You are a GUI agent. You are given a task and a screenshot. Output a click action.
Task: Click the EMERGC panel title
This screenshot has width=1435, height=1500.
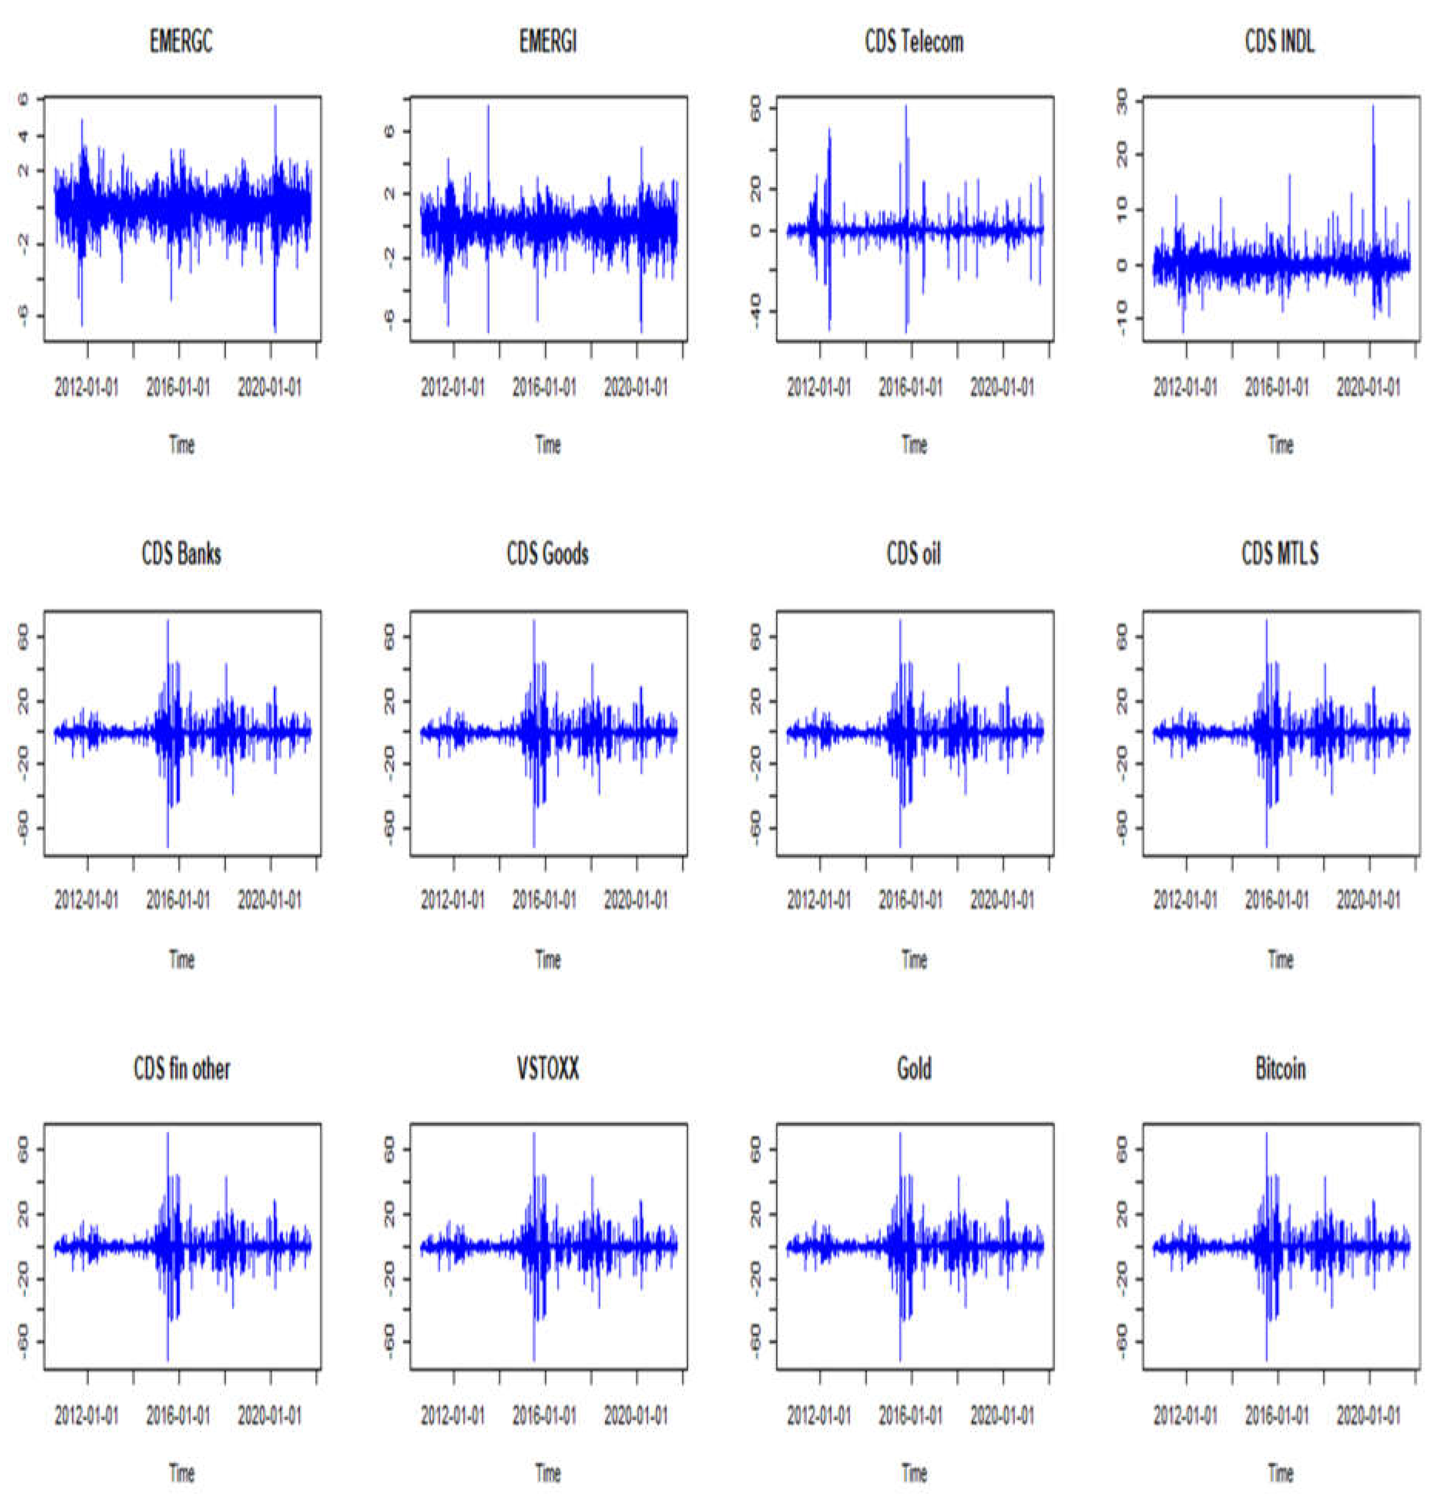pos(181,42)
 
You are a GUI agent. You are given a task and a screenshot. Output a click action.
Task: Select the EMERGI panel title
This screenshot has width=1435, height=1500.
pos(548,42)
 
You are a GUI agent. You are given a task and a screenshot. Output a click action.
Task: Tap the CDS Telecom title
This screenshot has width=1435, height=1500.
pos(914,42)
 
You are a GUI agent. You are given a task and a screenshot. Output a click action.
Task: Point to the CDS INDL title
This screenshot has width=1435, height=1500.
pos(1280,42)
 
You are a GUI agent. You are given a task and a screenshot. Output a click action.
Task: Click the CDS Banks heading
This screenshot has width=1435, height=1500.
pos(181,554)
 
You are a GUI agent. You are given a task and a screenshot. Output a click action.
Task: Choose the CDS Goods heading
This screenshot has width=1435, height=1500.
pos(548,554)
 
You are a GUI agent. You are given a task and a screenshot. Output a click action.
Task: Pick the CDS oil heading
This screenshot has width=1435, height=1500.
pos(914,554)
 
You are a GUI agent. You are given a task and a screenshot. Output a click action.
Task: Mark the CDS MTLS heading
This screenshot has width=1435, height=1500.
pos(1280,554)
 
